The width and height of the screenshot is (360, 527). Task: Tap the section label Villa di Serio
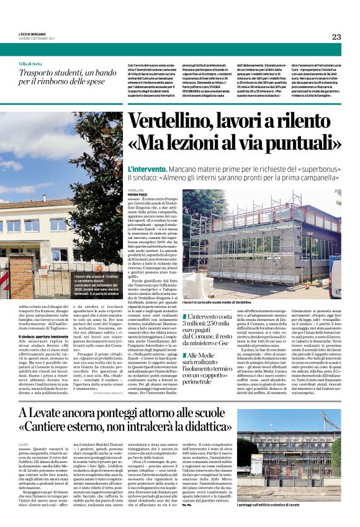coord(30,65)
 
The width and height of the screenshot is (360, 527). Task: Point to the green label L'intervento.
coord(145,169)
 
